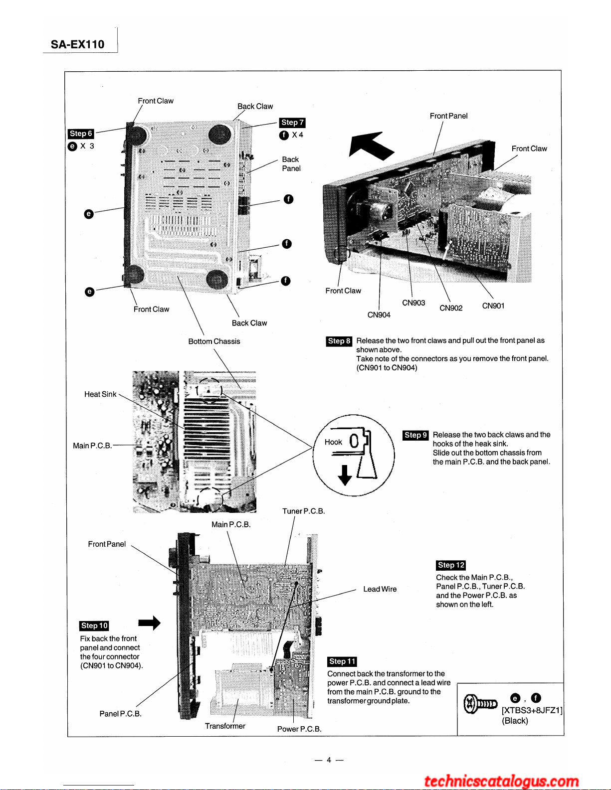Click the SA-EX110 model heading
pos(77,44)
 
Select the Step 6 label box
pos(81,134)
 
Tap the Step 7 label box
pos(292,123)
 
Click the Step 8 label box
pos(339,341)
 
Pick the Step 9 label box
pos(415,435)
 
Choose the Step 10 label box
pos(94,626)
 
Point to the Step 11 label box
pos(342,661)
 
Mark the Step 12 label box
pos(451,565)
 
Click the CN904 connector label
pos(379,315)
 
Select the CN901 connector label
pos(493,306)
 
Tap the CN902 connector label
pos(451,308)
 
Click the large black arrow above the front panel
pos(371,146)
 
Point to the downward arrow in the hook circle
pos(345,475)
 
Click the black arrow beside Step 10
pos(150,623)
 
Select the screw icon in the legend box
pos(480,704)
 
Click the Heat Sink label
pos(100,394)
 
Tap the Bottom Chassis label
pos(214,341)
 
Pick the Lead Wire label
pos(380,589)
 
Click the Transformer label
pos(225,726)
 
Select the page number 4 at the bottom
pos(329,760)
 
